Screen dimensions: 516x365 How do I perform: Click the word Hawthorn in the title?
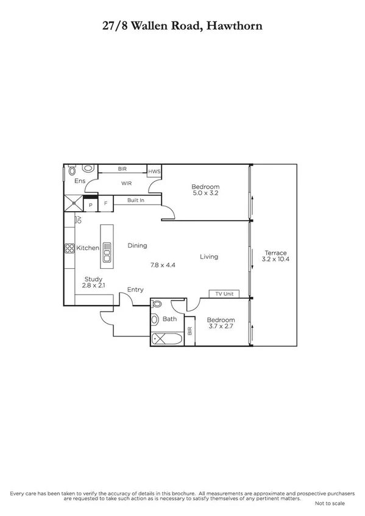[x=235, y=26]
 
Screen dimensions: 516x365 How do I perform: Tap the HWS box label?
[x=154, y=172]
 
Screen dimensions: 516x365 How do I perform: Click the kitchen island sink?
[x=107, y=251]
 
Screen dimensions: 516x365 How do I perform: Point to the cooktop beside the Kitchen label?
[x=69, y=248]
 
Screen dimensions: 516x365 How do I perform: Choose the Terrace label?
[x=275, y=253]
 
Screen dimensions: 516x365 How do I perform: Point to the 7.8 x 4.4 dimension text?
[x=163, y=265]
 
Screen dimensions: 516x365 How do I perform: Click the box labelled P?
[x=91, y=205]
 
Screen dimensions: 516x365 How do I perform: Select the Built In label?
[x=136, y=200]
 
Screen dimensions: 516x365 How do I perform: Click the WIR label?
[x=127, y=183]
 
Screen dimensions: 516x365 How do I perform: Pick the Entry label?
[x=135, y=290]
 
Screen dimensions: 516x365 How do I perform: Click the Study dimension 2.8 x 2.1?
[x=93, y=285]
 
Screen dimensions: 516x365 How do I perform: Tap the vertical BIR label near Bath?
[x=190, y=331]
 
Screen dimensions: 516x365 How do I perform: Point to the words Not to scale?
[x=330, y=504]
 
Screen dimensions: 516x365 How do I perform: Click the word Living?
[x=209, y=257]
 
